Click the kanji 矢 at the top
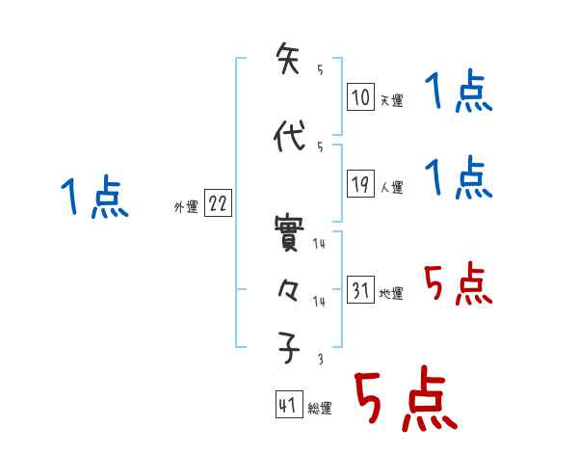pyautogui.click(x=289, y=59)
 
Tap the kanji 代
pyautogui.click(x=289, y=136)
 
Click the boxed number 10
pyautogui.click(x=360, y=97)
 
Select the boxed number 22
pyautogui.click(x=219, y=204)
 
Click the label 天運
pyautogui.click(x=391, y=100)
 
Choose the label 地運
pyautogui.click(x=391, y=293)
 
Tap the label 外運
pyautogui.click(x=186, y=206)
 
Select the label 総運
pyautogui.click(x=320, y=409)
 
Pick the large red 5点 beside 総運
pyautogui.click(x=405, y=401)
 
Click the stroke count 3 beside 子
pyautogui.click(x=319, y=359)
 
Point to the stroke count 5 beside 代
pyautogui.click(x=319, y=147)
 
